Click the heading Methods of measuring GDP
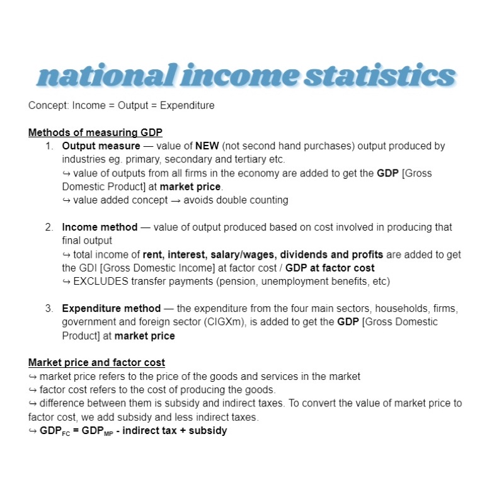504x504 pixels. [95, 132]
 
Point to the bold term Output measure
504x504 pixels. [101, 146]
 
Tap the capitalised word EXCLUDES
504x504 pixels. [101, 282]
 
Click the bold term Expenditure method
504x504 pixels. [111, 309]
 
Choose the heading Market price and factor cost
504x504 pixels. [96, 362]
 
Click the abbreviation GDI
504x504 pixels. [87, 268]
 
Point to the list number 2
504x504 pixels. [49, 227]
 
